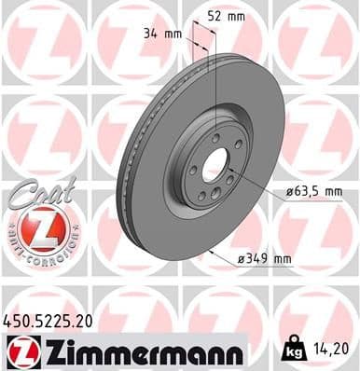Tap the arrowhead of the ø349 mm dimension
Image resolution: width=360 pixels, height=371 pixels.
tap(215, 249)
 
